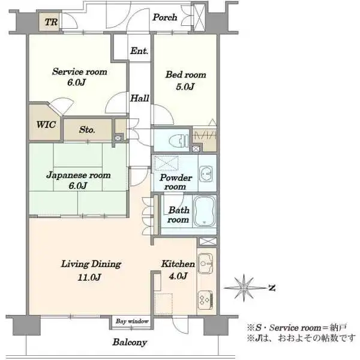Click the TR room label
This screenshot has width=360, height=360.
click(x=51, y=22)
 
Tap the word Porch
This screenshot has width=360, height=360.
click(x=165, y=17)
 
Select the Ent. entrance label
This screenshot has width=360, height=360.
click(x=139, y=51)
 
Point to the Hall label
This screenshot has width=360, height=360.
click(x=140, y=98)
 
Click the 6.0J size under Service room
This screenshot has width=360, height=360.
click(x=76, y=82)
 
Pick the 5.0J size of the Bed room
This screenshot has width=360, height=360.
click(x=185, y=86)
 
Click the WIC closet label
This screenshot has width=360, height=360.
click(x=46, y=125)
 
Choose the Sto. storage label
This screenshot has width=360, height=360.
click(x=87, y=130)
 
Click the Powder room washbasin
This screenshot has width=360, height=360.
click(x=206, y=174)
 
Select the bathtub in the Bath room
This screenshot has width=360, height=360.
click(x=205, y=211)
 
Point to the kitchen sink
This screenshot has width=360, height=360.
click(x=205, y=263)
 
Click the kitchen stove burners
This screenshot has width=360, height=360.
click(x=205, y=300)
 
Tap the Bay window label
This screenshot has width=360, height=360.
click(x=132, y=321)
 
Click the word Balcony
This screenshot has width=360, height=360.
click(x=130, y=342)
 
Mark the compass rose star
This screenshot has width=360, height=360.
click(x=244, y=287)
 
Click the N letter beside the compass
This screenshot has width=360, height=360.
click(x=272, y=287)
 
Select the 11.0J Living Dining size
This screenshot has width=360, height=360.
click(x=89, y=277)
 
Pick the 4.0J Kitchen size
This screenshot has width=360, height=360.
click(x=178, y=276)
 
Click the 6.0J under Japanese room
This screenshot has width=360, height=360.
click(x=78, y=185)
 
